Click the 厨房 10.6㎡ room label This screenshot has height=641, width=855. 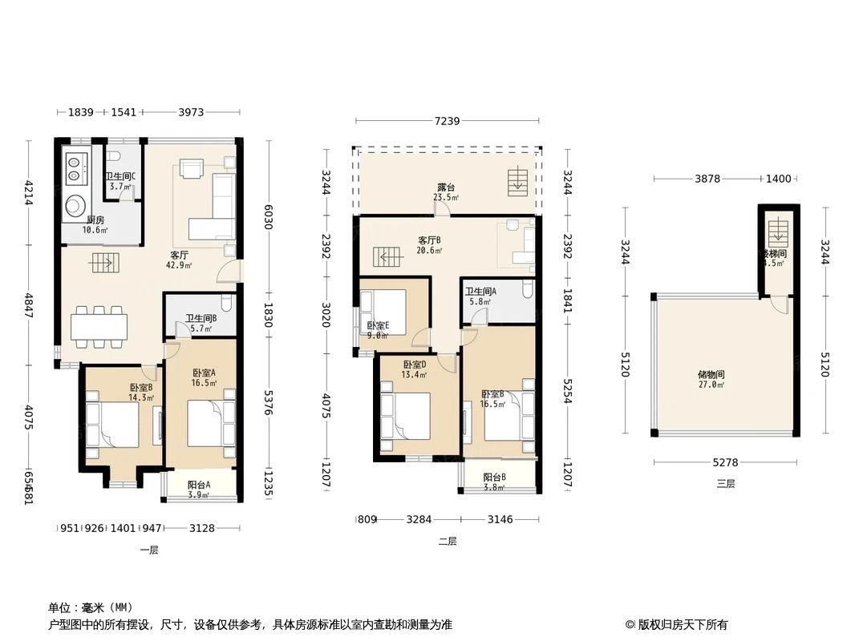coord(95,224)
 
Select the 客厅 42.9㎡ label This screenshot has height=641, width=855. coord(177,260)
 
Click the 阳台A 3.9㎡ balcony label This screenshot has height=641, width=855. coord(199,490)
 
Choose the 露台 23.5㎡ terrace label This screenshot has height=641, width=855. coord(445,192)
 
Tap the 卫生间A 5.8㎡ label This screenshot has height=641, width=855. coord(480,296)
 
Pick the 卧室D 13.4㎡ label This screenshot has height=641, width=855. coord(415,369)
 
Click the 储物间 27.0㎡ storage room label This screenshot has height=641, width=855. coord(711,379)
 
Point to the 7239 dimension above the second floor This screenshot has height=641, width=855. coord(447,121)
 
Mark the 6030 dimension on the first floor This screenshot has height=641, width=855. coord(269,216)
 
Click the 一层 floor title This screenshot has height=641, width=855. coord(149,550)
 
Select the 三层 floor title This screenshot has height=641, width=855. coord(725,483)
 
